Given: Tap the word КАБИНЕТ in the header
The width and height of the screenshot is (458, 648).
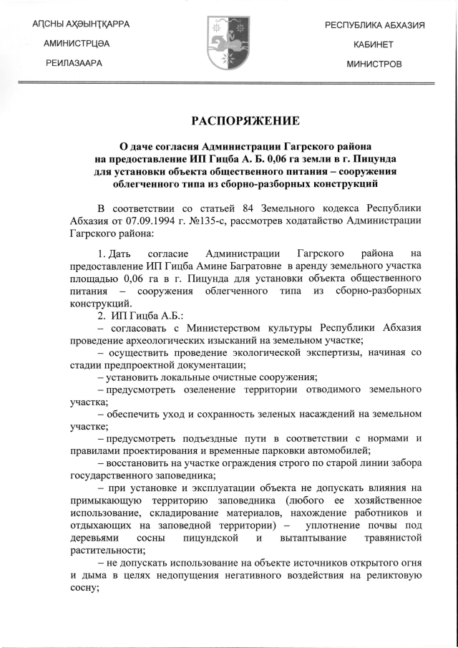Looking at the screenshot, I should (x=374, y=44).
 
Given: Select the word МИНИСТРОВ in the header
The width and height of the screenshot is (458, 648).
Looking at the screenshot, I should (x=374, y=64).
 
